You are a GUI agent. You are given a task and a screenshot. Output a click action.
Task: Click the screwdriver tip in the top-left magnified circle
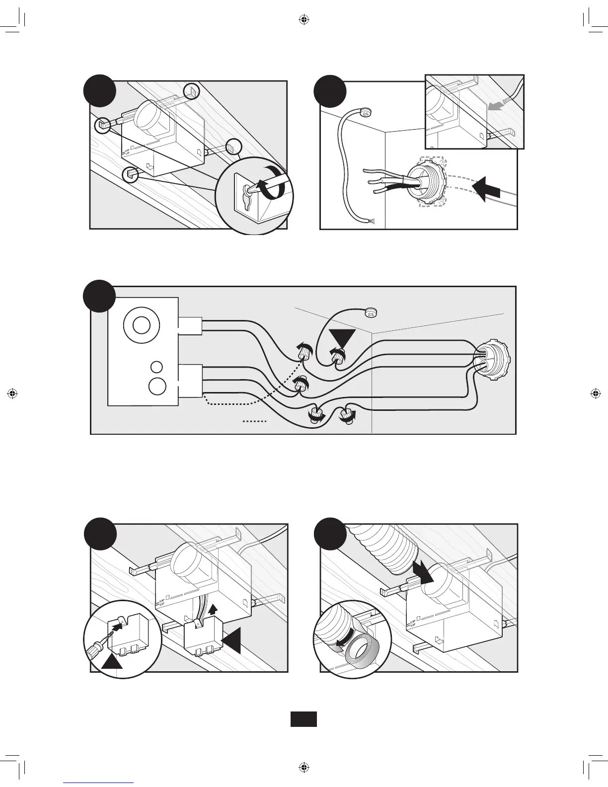[x=250, y=188]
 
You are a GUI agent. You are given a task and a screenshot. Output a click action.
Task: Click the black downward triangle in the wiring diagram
[x=342, y=339]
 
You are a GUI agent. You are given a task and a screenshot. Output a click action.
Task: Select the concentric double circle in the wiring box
[x=141, y=326]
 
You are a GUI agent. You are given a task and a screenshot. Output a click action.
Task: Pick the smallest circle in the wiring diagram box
[x=156, y=367]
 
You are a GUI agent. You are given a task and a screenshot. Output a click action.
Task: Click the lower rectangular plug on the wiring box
[x=190, y=381]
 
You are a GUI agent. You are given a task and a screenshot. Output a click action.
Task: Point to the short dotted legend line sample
[x=255, y=421]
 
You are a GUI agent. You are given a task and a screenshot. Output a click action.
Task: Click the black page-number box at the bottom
[x=304, y=719]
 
